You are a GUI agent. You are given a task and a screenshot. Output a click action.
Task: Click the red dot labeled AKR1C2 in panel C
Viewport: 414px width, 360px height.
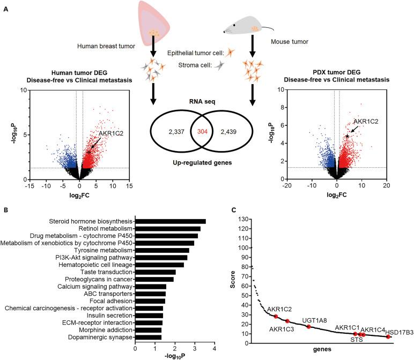[276, 317]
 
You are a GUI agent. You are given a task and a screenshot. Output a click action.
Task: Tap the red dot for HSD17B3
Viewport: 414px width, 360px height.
[388, 337]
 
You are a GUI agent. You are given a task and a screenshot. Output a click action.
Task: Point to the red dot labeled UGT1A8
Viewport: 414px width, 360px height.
[308, 326]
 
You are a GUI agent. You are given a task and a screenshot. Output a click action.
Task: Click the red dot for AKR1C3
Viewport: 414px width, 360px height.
[287, 321]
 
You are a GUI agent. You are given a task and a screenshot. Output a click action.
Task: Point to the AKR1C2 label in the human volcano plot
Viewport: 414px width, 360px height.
[111, 133]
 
